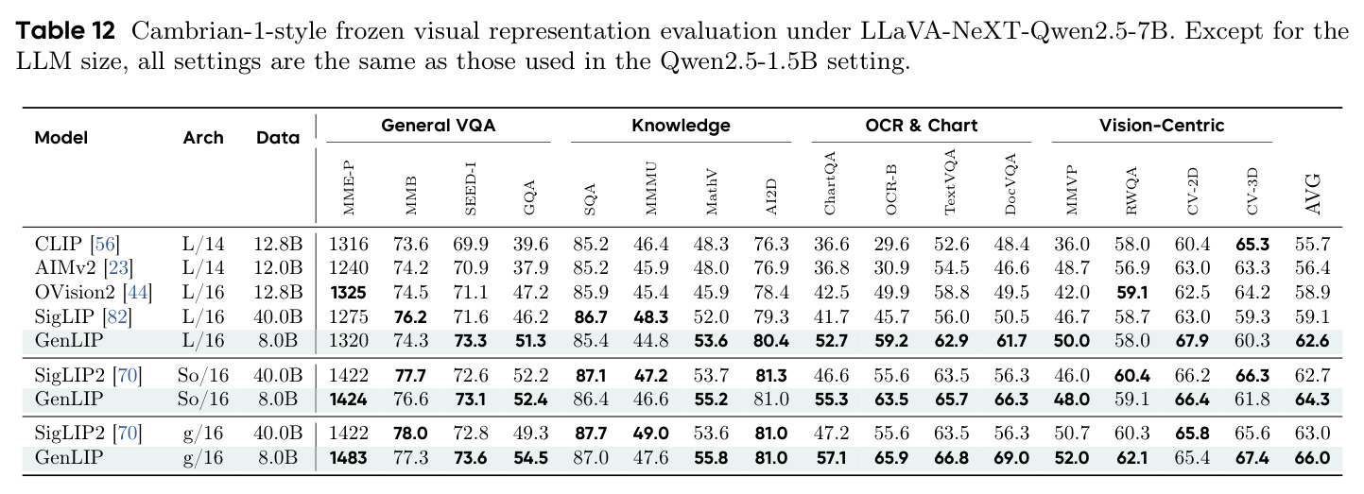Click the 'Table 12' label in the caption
pyautogui.click(x=65, y=30)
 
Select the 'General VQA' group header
pyautogui.click(x=438, y=126)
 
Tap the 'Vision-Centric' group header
pyautogui.click(x=1161, y=126)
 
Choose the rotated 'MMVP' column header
pyautogui.click(x=1071, y=190)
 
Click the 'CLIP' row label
pyautogui.click(x=58, y=244)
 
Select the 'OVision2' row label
pyautogui.click(x=75, y=292)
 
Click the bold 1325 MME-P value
pyautogui.click(x=348, y=293)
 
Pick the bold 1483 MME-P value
pyautogui.click(x=348, y=457)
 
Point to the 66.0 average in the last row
pyautogui.click(x=1312, y=457)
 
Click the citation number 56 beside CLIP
pyautogui.click(x=105, y=244)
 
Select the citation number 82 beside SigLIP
pyautogui.click(x=117, y=316)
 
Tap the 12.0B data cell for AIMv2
pyautogui.click(x=278, y=267)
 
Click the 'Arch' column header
pyautogui.click(x=203, y=138)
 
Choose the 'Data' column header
pyautogui.click(x=278, y=138)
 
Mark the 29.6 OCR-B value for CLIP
pyautogui.click(x=891, y=244)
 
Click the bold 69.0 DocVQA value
pyautogui.click(x=1011, y=457)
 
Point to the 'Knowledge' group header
pyautogui.click(x=681, y=126)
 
